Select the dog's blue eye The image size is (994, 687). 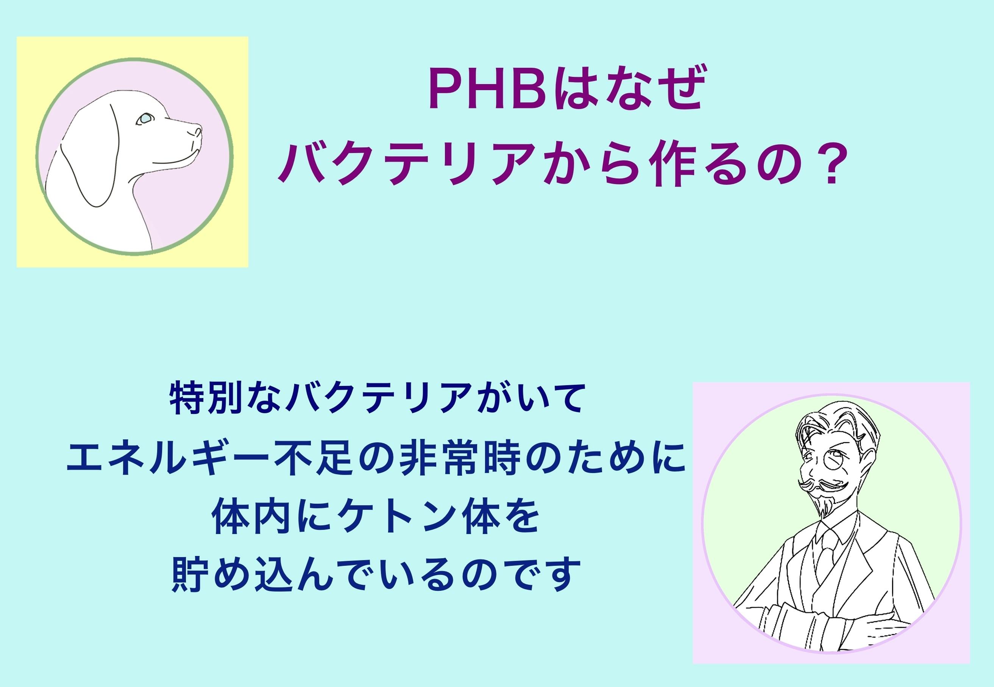145,119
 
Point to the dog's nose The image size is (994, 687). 197,130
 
